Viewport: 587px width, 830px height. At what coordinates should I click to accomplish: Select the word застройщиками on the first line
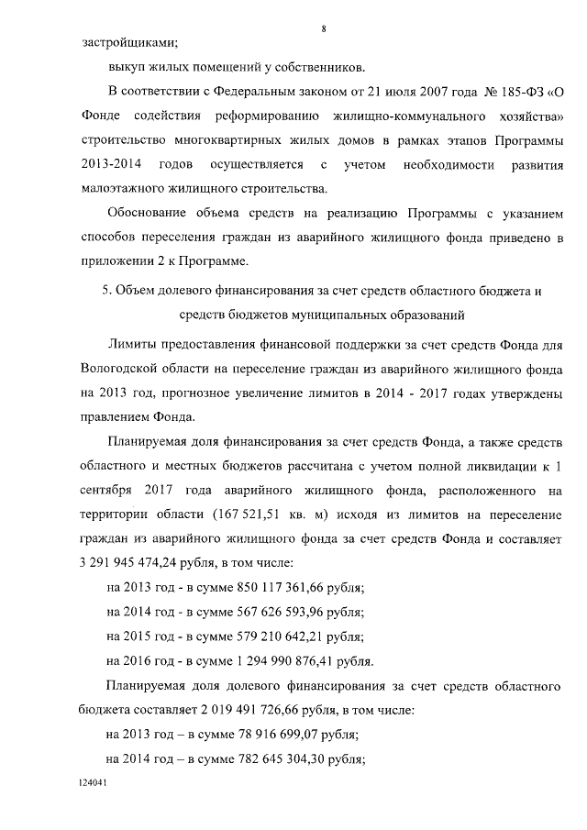coord(129,41)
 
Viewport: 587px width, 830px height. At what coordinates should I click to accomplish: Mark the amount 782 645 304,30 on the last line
coord(275,759)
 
